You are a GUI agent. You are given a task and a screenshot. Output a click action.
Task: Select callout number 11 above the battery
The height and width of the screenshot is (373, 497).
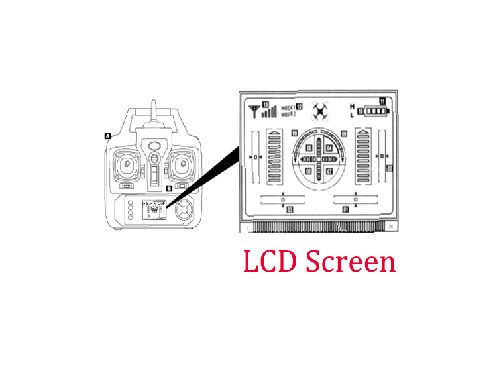(x=382, y=101)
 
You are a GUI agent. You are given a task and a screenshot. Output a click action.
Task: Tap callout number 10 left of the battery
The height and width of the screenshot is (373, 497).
(x=360, y=112)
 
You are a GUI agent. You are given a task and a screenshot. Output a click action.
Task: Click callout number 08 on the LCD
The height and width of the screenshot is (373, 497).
(x=295, y=134)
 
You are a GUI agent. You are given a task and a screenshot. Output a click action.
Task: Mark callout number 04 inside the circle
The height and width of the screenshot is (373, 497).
(x=329, y=148)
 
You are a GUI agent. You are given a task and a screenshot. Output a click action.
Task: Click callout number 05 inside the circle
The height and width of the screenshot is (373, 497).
(x=309, y=171)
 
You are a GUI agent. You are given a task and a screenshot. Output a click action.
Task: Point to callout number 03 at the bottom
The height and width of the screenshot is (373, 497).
(x=290, y=209)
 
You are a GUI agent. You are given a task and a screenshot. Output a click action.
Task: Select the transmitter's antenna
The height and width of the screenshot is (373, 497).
(x=153, y=113)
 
